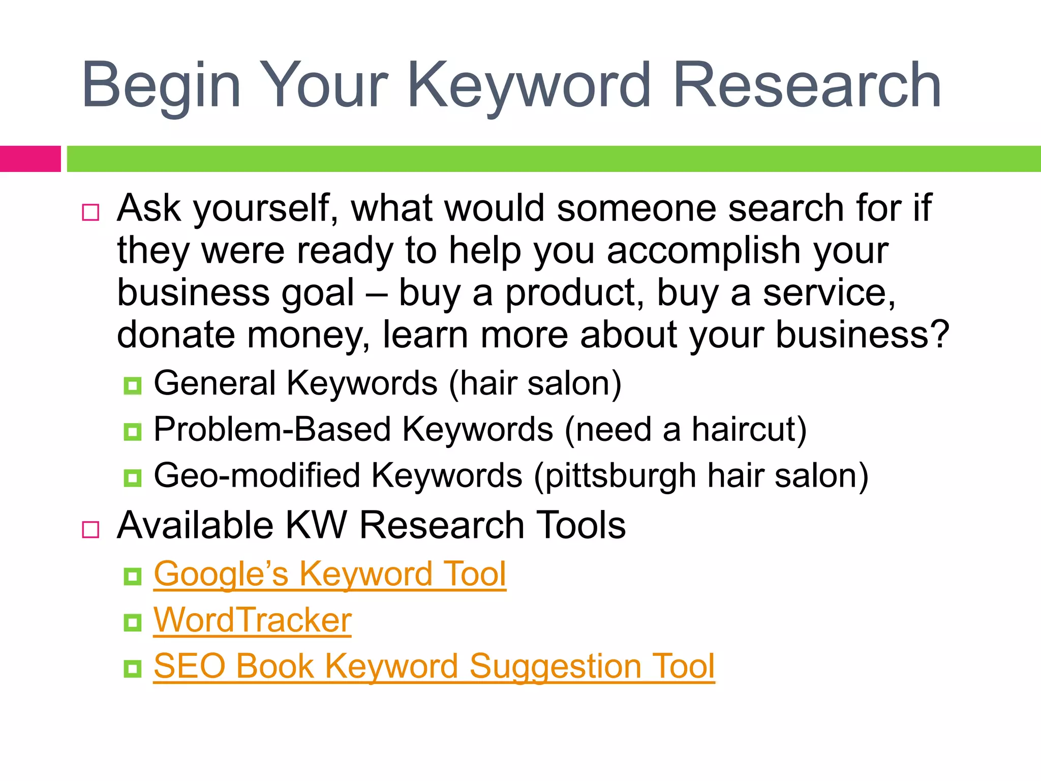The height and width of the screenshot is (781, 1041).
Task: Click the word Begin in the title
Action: pos(161,85)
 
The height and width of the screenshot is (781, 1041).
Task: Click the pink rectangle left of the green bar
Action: pos(30,159)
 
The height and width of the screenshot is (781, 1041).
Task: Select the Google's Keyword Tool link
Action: pos(330,574)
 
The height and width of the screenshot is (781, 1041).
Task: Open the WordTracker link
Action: pos(253,620)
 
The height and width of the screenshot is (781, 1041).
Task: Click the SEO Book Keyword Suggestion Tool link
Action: pos(434,667)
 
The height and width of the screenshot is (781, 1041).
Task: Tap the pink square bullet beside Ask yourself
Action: pos(90,212)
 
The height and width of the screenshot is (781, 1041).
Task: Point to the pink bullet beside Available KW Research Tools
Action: pos(90,529)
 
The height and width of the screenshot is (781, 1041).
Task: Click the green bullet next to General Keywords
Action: pos(133,386)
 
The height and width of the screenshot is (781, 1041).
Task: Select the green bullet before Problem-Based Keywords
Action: pos(133,432)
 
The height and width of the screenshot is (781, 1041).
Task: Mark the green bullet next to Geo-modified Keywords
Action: pos(133,478)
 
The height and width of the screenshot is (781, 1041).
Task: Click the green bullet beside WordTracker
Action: pos(133,622)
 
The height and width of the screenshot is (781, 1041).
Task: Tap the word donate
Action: pos(176,336)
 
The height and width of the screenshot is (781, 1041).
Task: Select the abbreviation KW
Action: pos(317,526)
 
